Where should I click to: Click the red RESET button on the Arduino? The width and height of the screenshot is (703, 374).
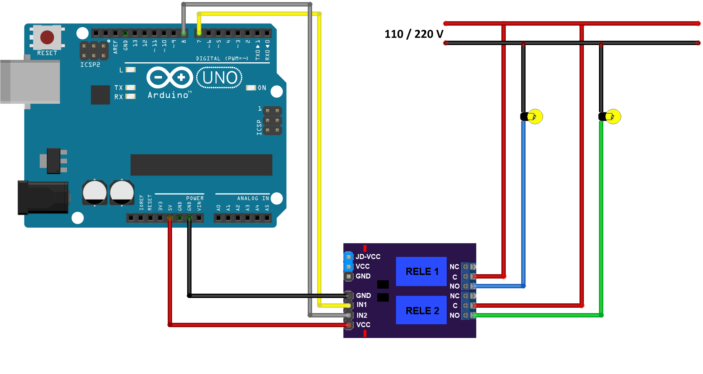[47, 37]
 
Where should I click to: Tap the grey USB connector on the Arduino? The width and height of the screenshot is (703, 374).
[30, 82]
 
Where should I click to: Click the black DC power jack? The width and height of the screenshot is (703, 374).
[43, 198]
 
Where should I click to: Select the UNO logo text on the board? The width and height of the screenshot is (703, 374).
[220, 78]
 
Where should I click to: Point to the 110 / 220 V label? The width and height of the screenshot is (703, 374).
[414, 34]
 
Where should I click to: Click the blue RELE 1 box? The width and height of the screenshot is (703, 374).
[421, 271]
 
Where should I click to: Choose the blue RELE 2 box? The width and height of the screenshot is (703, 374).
[421, 310]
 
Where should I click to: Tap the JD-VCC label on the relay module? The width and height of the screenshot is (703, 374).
[368, 257]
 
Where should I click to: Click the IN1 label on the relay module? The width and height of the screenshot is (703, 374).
[362, 305]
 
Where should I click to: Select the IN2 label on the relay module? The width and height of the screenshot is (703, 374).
[362, 315]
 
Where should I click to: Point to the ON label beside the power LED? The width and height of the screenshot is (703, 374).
[262, 88]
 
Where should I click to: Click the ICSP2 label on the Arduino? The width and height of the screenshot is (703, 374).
[90, 65]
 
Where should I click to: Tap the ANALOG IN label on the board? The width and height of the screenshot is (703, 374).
[253, 198]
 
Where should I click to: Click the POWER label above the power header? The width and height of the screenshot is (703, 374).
[195, 198]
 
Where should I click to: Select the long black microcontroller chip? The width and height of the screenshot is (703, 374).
[201, 165]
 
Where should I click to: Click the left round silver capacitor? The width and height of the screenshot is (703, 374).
[95, 192]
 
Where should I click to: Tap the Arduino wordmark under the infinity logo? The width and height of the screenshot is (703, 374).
[168, 95]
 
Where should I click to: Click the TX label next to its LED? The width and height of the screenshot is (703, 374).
[118, 88]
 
